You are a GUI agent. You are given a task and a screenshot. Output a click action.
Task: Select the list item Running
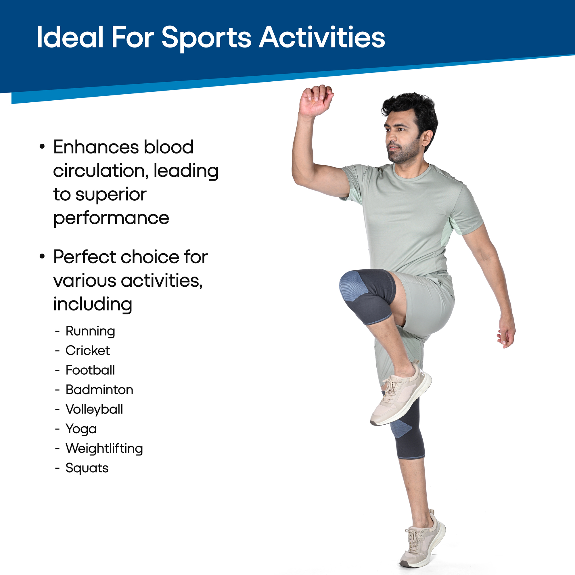(x=90, y=331)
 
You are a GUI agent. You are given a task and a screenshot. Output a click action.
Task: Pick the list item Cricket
(x=88, y=350)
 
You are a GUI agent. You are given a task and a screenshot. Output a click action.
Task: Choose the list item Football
(x=90, y=370)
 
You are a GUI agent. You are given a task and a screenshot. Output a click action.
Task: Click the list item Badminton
(x=99, y=390)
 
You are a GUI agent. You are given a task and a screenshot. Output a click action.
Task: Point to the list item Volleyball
(x=94, y=409)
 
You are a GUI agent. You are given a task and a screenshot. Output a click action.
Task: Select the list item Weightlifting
(x=104, y=448)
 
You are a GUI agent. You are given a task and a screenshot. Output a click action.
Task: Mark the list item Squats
(x=87, y=468)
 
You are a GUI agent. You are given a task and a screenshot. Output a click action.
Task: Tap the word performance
(x=111, y=218)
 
